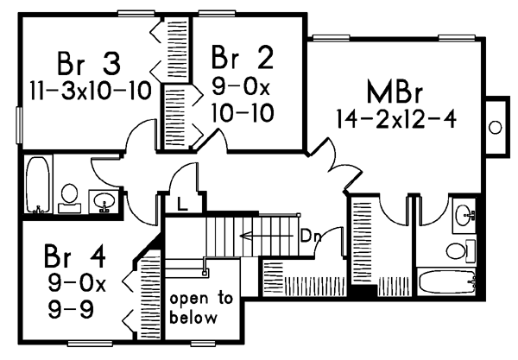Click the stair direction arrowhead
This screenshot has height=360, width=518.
pos(246,234)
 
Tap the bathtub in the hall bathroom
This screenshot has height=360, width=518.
pos(37,185)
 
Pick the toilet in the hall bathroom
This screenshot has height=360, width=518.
pos(70,196)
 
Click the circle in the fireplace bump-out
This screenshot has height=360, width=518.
pos(496,127)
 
